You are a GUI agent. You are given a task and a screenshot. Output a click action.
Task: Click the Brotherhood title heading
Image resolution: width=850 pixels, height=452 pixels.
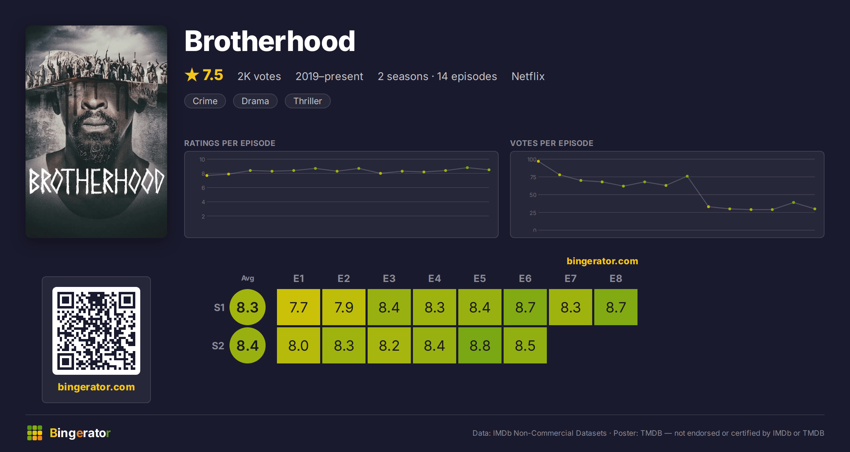pos(270,41)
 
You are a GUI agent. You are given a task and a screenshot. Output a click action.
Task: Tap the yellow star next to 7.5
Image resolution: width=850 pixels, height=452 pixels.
pos(192,75)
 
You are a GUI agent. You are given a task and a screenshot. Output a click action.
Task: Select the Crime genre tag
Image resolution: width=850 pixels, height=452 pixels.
pos(205,101)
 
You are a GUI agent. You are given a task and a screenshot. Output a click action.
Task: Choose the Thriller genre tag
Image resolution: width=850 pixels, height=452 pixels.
pos(307,101)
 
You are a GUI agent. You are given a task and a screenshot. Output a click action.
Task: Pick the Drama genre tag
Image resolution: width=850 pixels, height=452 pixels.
pos(255,101)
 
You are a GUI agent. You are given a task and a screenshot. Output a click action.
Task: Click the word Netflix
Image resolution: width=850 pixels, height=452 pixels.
pos(528,76)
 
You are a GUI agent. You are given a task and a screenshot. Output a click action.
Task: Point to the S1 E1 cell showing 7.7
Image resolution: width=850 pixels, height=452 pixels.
pos(299,307)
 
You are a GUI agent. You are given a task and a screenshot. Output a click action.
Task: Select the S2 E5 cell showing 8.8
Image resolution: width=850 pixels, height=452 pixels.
pos(480,345)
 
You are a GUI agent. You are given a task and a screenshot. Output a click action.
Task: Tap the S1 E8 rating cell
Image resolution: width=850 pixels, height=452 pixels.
pos(616,307)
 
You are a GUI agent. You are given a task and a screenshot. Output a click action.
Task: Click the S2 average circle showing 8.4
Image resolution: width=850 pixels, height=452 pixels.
pos(248,345)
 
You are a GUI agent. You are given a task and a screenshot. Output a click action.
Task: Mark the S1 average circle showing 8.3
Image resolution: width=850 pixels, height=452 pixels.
pos(248,307)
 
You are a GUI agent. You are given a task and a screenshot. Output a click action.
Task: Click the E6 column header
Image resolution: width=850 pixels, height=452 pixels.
pos(525,278)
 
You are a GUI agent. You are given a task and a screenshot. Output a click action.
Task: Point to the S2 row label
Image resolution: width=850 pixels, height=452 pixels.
pos(218,346)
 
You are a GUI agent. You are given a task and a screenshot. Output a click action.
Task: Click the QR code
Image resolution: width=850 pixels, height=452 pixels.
pos(96,331)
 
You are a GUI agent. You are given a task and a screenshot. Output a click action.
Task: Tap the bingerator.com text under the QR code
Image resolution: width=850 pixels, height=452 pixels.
pos(96,387)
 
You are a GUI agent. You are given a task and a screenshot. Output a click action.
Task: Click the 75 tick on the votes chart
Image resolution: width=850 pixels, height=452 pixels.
pos(533,177)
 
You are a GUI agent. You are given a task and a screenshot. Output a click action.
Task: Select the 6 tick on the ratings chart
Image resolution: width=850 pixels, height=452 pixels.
pos(203,188)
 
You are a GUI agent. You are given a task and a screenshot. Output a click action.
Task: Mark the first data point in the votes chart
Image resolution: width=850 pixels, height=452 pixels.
pos(538,161)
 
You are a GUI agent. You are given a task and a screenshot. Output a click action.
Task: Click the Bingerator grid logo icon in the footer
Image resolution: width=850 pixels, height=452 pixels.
pos(35,433)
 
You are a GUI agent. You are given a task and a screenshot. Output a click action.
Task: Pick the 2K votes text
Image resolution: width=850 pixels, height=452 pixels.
pos(259,76)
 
